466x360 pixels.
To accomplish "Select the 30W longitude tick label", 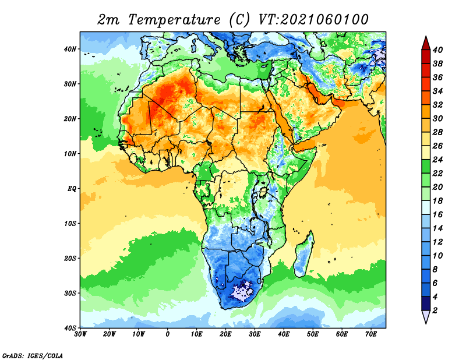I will click(80, 334).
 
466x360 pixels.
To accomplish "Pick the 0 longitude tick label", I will click(168, 334).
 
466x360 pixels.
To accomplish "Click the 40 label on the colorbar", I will click(440, 49).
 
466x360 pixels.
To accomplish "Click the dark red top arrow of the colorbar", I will click(425, 43).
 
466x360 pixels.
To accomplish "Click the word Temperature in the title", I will click(172, 19).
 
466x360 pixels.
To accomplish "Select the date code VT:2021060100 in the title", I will click(312, 19).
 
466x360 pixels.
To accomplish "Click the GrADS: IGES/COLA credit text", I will click(33, 355).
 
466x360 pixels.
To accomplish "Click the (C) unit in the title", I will click(239, 19).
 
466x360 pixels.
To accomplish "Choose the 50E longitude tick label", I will click(313, 334).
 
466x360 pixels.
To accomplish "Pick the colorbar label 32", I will click(440, 105).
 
